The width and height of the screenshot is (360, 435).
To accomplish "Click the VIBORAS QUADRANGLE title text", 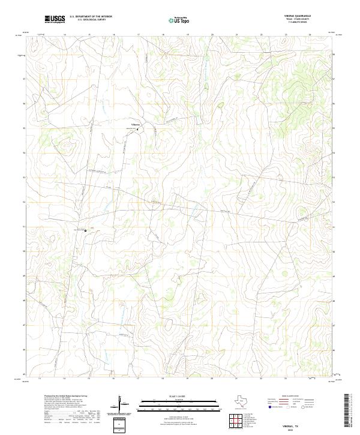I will pos(298,17).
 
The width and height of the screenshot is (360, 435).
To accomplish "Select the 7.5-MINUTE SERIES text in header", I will pos(298,25).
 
